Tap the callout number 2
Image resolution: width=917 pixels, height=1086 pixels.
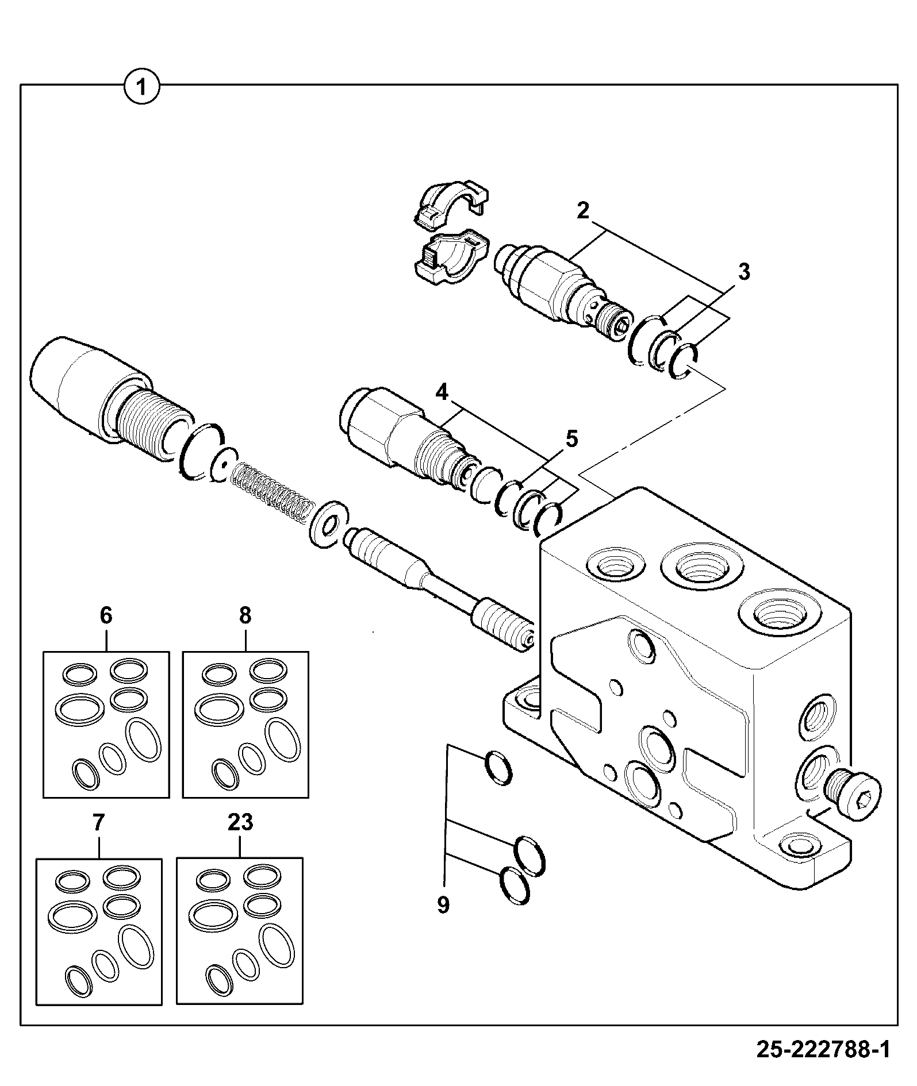click(x=583, y=210)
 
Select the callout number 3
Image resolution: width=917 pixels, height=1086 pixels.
click(x=744, y=271)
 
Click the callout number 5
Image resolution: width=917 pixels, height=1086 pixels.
click(x=571, y=438)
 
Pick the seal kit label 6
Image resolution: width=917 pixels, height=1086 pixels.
click(x=106, y=615)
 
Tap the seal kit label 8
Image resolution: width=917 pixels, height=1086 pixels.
click(x=245, y=615)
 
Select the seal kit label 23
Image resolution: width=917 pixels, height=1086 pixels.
click(x=240, y=823)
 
